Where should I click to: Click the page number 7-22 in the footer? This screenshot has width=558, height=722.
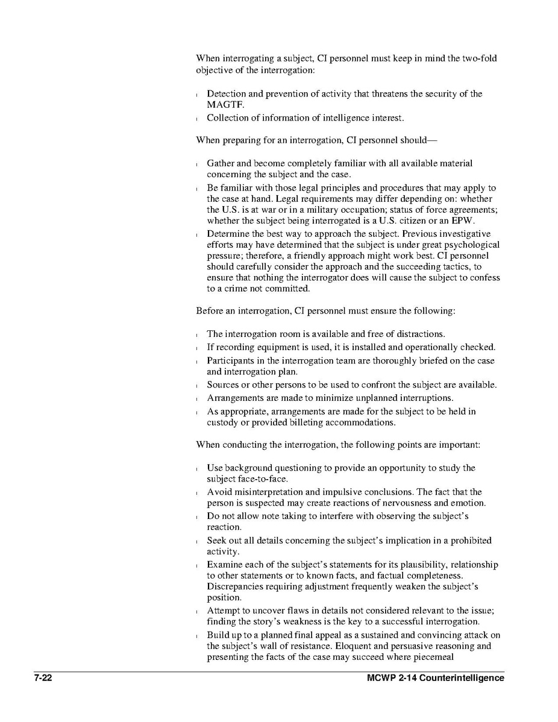point(43,678)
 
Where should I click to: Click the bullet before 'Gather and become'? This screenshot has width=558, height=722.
point(198,164)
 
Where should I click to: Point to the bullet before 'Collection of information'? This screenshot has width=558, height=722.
point(198,118)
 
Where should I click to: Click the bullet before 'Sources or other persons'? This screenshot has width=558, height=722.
point(198,385)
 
